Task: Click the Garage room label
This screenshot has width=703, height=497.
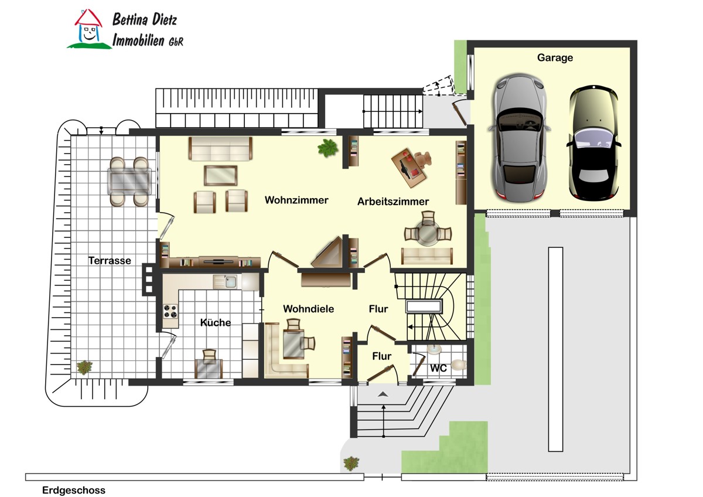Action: [x=555, y=58]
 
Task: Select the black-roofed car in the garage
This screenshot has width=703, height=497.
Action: [x=594, y=143]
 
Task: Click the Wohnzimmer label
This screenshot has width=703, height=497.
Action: [x=296, y=200]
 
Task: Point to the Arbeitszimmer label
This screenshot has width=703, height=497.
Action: [x=393, y=202]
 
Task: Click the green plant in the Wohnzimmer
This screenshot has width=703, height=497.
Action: [x=327, y=148]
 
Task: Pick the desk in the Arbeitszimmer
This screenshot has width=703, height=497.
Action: [x=409, y=168]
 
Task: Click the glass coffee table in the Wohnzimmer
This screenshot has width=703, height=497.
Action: [x=221, y=175]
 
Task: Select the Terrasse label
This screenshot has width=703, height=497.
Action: [x=110, y=260]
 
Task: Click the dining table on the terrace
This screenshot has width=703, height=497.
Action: [x=129, y=182]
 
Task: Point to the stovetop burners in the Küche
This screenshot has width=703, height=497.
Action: [x=170, y=311]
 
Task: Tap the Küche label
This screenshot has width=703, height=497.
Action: [x=216, y=322]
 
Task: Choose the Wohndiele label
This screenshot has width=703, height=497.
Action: [x=308, y=309]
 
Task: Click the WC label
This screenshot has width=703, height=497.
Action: [x=438, y=368]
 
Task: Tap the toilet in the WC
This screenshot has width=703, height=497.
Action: [x=459, y=365]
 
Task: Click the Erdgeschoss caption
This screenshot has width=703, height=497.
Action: [x=74, y=490]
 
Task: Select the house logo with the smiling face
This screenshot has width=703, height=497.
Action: [x=89, y=29]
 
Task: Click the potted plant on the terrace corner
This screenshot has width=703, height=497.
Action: [x=85, y=367]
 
